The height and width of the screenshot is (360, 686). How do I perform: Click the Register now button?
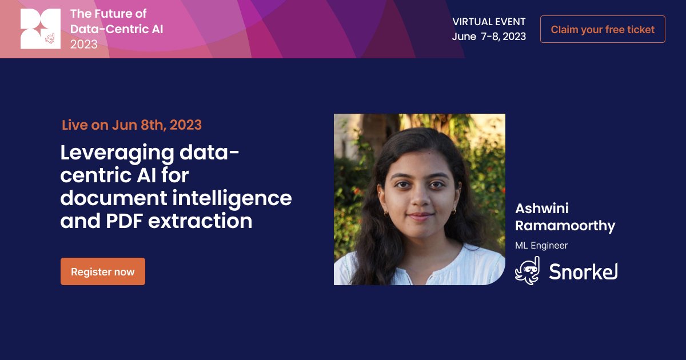click(103, 271)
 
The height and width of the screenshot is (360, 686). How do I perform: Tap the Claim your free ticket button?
click(603, 29)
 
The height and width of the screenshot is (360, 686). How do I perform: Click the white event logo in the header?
click(41, 29)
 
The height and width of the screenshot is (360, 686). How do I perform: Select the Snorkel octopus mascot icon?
click(527, 271)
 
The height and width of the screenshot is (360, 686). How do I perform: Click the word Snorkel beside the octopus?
click(583, 271)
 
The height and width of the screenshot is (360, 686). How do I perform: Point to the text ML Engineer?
click(541, 246)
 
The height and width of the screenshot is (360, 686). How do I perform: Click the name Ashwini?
click(542, 208)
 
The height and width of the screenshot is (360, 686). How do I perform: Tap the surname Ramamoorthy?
click(565, 226)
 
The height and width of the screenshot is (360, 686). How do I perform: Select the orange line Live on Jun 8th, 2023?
click(131, 125)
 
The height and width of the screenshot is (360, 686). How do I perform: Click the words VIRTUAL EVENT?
click(489, 22)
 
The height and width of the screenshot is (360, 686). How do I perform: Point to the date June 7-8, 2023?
click(489, 36)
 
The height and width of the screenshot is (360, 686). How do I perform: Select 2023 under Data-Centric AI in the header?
click(84, 44)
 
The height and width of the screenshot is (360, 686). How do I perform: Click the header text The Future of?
click(108, 14)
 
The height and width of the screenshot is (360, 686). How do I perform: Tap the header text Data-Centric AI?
click(117, 29)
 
